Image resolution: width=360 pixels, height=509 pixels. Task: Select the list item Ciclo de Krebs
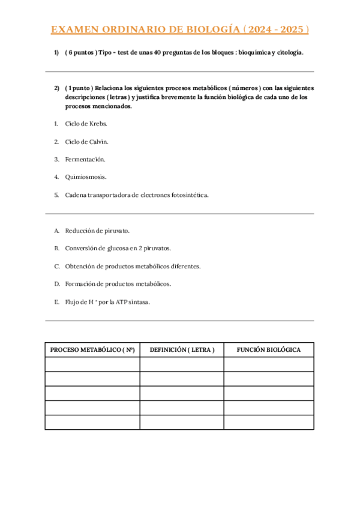86,124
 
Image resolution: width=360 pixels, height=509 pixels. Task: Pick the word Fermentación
85,159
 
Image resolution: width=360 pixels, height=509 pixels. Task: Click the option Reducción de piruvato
97,230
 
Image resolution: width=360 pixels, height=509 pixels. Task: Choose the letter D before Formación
56,283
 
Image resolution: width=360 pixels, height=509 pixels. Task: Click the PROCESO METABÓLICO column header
92,349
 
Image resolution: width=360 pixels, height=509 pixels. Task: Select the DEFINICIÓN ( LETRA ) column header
182,349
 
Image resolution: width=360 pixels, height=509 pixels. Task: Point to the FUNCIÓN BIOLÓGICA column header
268,349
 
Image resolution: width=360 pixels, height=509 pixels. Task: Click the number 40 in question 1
158,53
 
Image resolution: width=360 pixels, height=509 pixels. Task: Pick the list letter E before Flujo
56,302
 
